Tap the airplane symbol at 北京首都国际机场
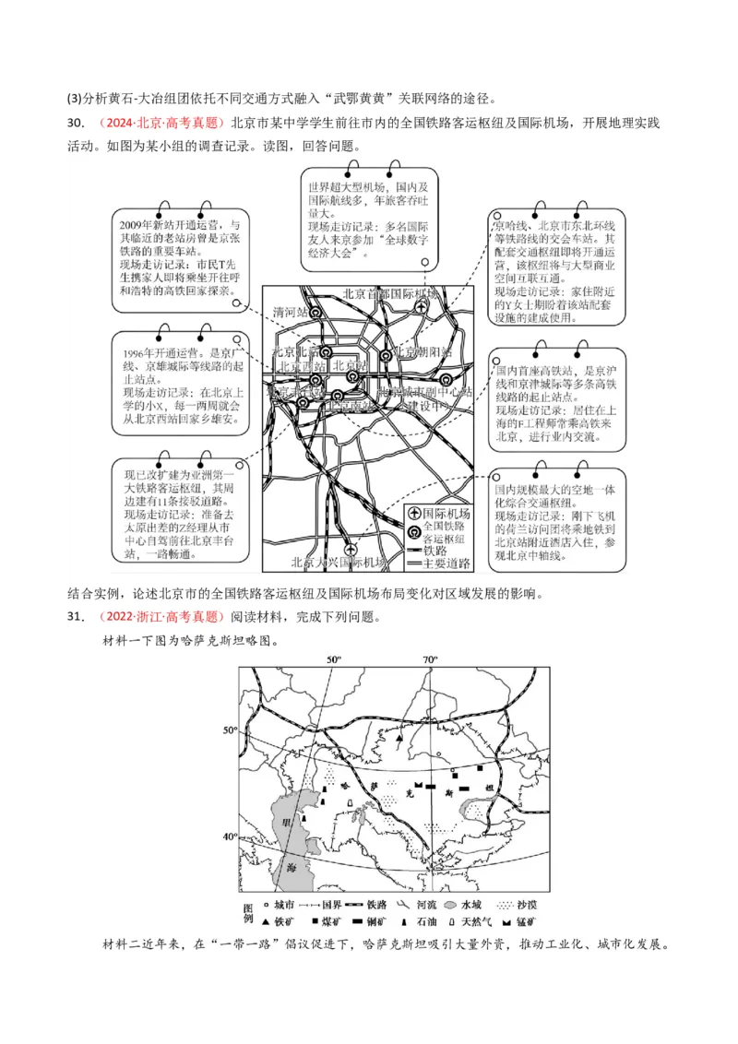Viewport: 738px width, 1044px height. (422, 307)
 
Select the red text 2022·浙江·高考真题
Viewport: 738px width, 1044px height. (159, 617)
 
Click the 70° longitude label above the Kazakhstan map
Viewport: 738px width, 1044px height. (430, 658)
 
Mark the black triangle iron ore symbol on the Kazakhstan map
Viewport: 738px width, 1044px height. (399, 739)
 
